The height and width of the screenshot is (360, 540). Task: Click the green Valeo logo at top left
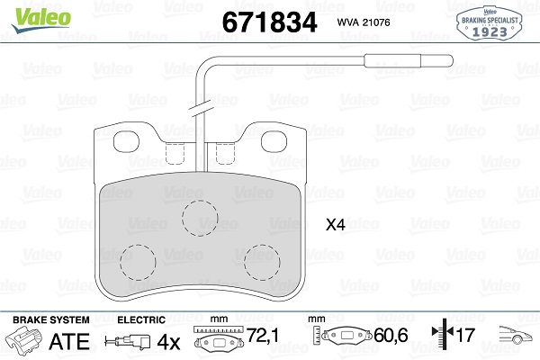[x=41, y=19]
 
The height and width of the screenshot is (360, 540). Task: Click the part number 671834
[x=269, y=22]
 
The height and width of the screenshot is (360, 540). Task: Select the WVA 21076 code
[x=364, y=22]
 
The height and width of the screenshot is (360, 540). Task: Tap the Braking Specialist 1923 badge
[x=490, y=22]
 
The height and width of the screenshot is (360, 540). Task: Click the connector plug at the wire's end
[x=409, y=61]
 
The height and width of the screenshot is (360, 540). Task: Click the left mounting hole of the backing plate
[x=126, y=141]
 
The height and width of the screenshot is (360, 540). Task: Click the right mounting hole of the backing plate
[x=274, y=141]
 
